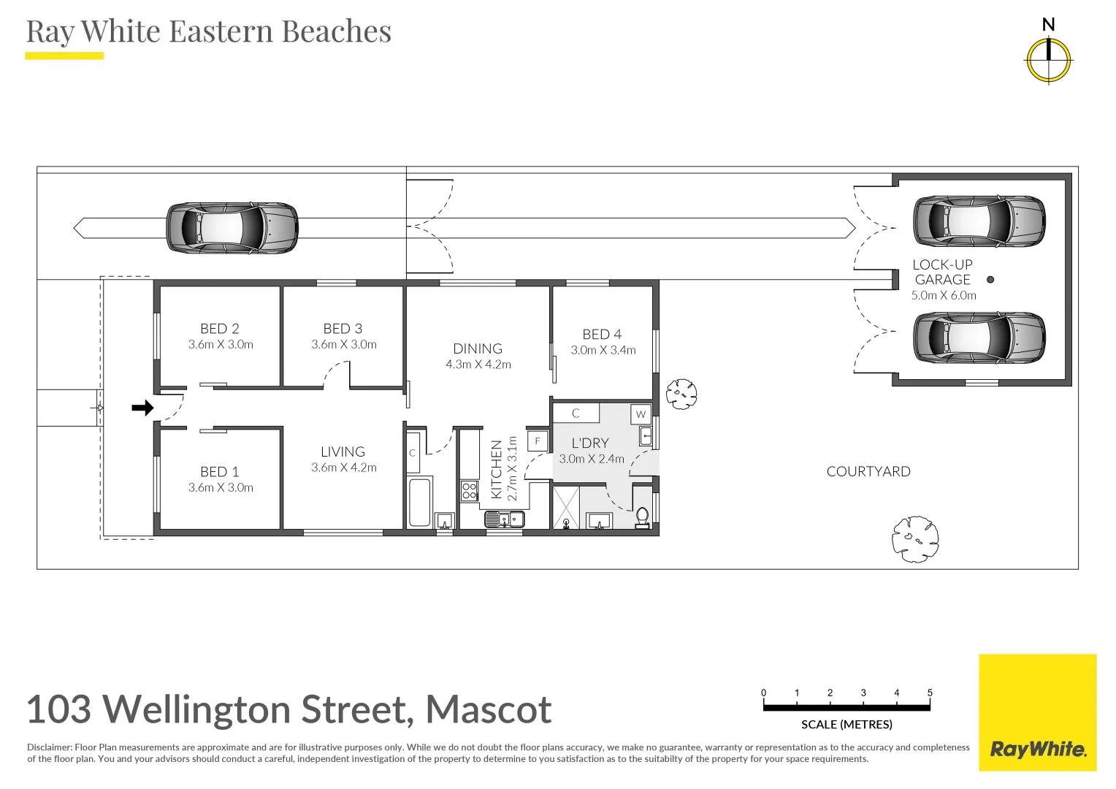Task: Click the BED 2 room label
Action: [x=220, y=329]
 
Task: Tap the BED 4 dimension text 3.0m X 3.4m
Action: [x=603, y=350]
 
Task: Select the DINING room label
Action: [x=477, y=348]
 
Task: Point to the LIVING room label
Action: [x=343, y=451]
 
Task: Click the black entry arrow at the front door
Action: [x=142, y=408]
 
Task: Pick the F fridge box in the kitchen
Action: [x=538, y=441]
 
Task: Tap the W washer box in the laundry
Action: [x=641, y=413]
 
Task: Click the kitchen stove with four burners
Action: [x=470, y=490]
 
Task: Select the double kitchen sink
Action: [x=504, y=519]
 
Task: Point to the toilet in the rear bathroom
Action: [x=643, y=517]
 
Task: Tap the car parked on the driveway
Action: [x=232, y=228]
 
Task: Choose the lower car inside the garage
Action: [x=979, y=338]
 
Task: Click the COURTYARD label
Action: [x=868, y=471]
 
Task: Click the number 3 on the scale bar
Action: [x=863, y=693]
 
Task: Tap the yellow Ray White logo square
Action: [x=1038, y=713]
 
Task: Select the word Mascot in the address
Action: [x=489, y=709]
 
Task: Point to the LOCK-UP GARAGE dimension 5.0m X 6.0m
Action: [x=944, y=295]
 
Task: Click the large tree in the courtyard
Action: [x=916, y=539]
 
